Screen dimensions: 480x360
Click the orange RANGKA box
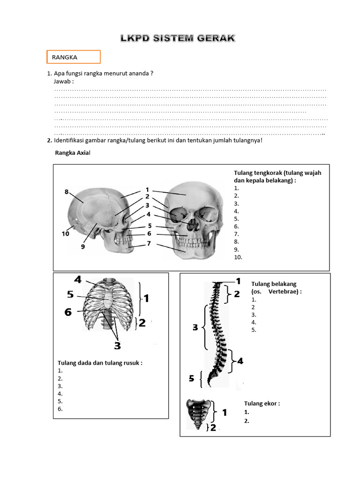(x=73, y=57)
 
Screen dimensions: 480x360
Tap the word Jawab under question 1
(x=64, y=82)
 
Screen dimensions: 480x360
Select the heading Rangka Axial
(x=72, y=153)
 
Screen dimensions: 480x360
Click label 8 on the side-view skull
(x=67, y=191)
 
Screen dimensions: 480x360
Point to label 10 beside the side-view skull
(x=65, y=233)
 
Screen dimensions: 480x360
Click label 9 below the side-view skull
(x=82, y=247)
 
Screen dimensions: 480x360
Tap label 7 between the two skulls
(x=149, y=243)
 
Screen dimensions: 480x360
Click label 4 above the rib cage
(x=77, y=280)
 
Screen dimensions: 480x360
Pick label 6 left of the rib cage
(x=68, y=312)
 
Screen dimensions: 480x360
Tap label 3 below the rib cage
(x=117, y=345)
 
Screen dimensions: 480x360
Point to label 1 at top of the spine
(x=238, y=281)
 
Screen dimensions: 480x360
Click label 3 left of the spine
(x=195, y=328)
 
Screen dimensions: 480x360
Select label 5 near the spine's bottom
(x=191, y=379)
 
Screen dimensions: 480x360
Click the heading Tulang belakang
(x=274, y=284)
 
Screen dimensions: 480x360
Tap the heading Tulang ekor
(x=262, y=404)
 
